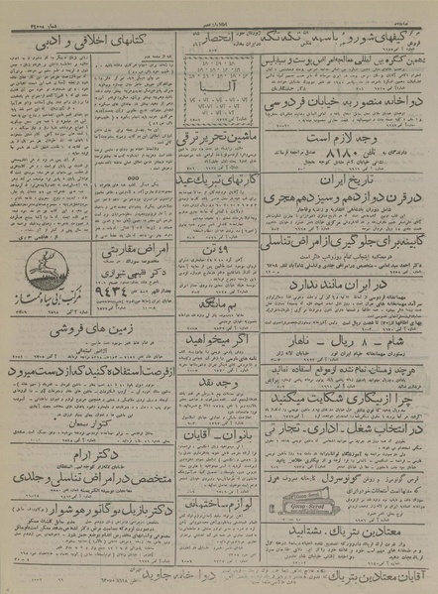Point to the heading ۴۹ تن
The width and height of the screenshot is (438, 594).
216,287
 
